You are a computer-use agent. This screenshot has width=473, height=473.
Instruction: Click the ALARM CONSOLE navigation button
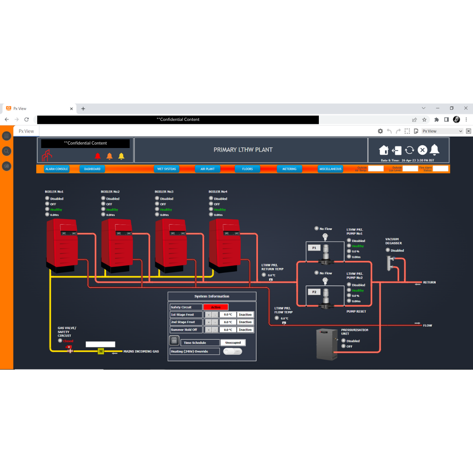pyautogui.click(x=56, y=169)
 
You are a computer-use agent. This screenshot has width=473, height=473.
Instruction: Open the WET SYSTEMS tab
pyautogui.click(x=166, y=169)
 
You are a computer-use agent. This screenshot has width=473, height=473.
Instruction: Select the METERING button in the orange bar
pyautogui.click(x=289, y=169)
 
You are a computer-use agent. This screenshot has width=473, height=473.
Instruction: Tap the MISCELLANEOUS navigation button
pyautogui.click(x=330, y=169)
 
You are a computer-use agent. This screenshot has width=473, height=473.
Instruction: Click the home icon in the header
pyautogui.click(x=384, y=150)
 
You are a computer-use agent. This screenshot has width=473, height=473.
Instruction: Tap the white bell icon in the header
pyautogui.click(x=434, y=150)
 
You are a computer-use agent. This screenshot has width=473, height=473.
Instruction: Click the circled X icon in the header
pyautogui.click(x=422, y=150)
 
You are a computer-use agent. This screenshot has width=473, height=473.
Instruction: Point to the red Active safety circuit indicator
pyautogui.click(x=215, y=307)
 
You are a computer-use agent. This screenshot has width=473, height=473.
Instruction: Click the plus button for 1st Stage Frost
pyautogui.click(x=209, y=314)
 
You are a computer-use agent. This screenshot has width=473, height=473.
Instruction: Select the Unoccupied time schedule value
pyautogui.click(x=233, y=342)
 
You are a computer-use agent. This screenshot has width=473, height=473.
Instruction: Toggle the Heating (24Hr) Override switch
pyautogui.click(x=233, y=351)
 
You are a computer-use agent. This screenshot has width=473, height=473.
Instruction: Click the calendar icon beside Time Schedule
pyautogui.click(x=174, y=340)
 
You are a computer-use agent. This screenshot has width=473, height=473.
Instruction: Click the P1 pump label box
pyautogui.click(x=314, y=248)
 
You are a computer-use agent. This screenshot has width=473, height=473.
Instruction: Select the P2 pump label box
pyautogui.click(x=314, y=292)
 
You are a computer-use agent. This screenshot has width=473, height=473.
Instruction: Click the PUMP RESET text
pyautogui.click(x=356, y=311)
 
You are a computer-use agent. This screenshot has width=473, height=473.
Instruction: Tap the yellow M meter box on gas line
pyautogui.click(x=101, y=351)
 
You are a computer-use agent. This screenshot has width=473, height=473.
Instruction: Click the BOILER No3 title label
pyautogui.click(x=164, y=191)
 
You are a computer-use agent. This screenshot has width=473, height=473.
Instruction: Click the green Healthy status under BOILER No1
pyautogui.click(x=56, y=209)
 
